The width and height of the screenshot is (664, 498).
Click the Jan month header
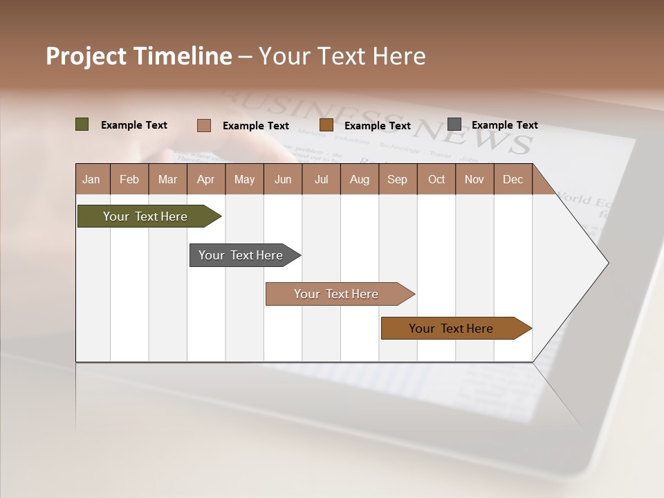[92, 179]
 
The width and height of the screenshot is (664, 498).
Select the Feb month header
[129, 179]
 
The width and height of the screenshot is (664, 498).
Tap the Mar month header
[167, 179]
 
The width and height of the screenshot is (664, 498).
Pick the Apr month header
[206, 179]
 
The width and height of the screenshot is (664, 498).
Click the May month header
[244, 179]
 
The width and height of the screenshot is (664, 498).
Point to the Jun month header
[283, 179]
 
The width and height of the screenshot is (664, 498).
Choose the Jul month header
[321, 179]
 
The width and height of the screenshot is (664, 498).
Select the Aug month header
[360, 179]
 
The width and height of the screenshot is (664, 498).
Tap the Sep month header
[398, 179]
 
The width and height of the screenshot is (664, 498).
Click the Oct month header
[436, 179]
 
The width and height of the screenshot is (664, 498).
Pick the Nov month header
[474, 179]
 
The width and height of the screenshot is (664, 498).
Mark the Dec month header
[513, 179]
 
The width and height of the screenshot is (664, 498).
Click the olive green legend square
[82, 124]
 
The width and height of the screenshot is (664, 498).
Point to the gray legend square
[454, 124]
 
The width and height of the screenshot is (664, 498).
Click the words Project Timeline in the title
[139, 56]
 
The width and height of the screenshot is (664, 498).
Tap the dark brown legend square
[326, 125]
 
